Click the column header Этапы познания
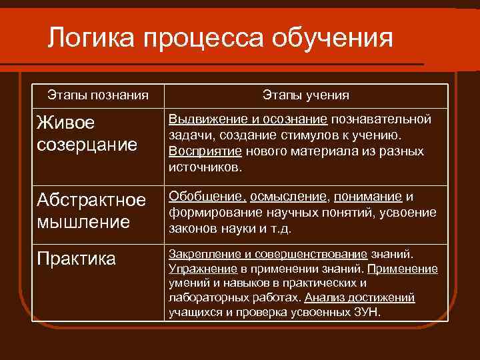click(98, 95)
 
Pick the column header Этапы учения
click(305, 95)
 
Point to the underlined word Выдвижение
click(199, 119)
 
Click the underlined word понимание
click(368, 197)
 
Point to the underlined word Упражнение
click(203, 269)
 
